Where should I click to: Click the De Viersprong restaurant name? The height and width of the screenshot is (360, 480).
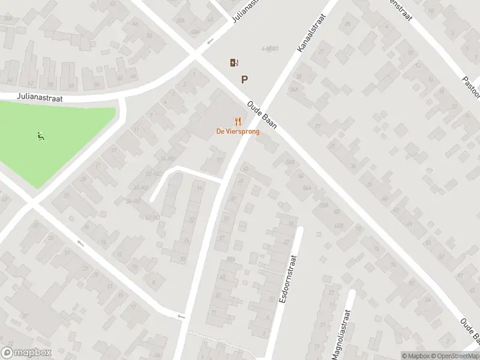pyautogui.click(x=238, y=132)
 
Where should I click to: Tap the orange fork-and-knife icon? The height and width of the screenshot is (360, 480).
pyautogui.click(x=238, y=121)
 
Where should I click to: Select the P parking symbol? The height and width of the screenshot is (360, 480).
pyautogui.click(x=244, y=79)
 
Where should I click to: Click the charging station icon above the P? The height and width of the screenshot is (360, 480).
pyautogui.click(x=233, y=62)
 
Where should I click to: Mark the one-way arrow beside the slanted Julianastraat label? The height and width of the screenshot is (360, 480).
pyautogui.click(x=210, y=42)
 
